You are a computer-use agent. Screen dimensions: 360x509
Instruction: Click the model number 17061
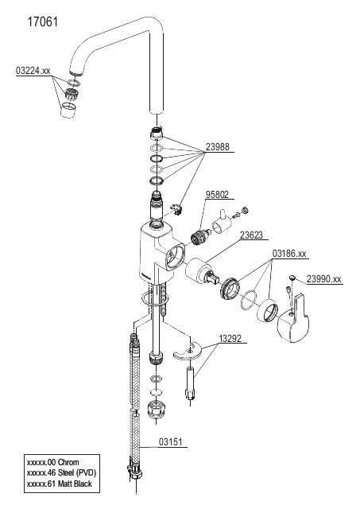pos(42,22)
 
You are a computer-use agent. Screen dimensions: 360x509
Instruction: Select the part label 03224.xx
pos(33,71)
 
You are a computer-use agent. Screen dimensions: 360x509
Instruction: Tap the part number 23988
pos(217,147)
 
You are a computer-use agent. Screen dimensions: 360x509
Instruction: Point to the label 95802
pos(217,194)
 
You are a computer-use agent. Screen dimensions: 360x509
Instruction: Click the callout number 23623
pos(251,235)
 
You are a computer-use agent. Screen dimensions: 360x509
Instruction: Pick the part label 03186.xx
pos(289,254)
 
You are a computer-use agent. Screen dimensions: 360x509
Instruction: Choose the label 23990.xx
pos(324,279)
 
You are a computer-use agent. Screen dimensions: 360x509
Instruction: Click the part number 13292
pos(230,339)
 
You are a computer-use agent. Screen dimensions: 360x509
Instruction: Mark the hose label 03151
pos(171,442)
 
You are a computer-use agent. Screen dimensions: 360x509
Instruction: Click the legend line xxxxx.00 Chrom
pos(53,462)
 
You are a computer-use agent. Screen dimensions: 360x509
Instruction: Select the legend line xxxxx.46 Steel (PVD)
pos(62,473)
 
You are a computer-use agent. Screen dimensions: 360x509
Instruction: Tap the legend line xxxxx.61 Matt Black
pos(60,484)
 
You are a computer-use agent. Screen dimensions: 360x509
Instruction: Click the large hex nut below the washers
pos(155,410)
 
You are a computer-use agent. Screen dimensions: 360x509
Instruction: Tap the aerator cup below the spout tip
pos(69,110)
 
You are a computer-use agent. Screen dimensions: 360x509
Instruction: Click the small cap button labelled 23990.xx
pos(292,278)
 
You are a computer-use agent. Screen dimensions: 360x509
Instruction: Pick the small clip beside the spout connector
pos(176,208)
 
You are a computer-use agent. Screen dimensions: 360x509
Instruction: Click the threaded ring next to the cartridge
pos(230,288)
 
